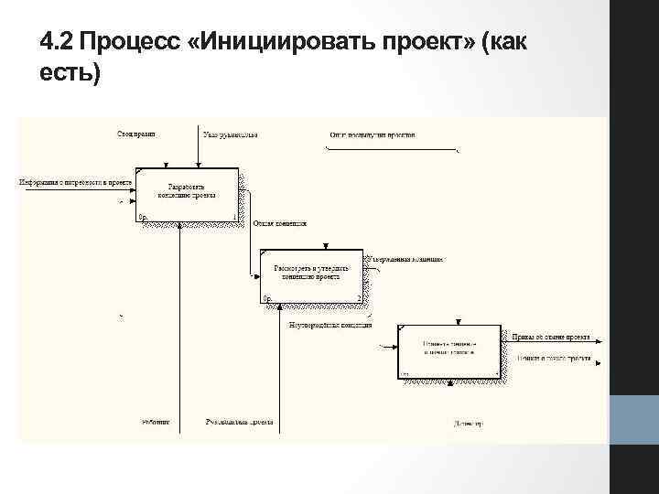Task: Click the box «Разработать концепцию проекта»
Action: (187, 194)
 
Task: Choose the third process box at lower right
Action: (449, 351)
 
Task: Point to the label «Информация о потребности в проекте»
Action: (76, 182)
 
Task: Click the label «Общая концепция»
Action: (280, 223)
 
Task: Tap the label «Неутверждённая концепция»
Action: (330, 325)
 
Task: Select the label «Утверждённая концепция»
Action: (407, 260)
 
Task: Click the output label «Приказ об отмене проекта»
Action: (550, 337)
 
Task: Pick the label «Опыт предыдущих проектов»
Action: (373, 135)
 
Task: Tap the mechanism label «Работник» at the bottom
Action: (156, 423)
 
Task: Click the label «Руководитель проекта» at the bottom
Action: (241, 423)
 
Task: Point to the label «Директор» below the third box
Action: (468, 424)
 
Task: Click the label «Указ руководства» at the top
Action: (231, 135)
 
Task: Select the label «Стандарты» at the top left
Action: (136, 134)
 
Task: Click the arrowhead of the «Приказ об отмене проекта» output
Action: (597, 344)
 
